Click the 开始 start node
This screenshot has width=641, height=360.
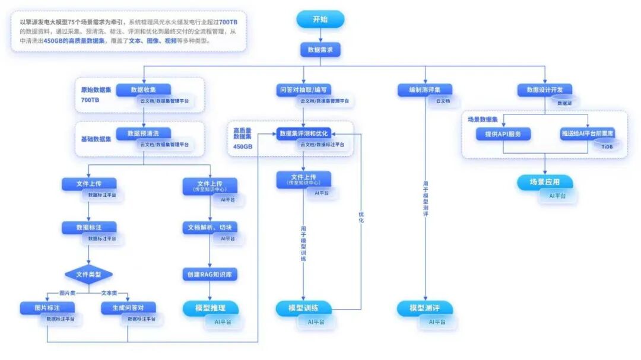(x=320, y=20)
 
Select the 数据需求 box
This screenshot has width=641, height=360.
(x=320, y=50)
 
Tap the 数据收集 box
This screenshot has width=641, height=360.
(x=143, y=90)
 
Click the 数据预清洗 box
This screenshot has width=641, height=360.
(x=143, y=133)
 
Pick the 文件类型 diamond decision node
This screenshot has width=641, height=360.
(x=88, y=275)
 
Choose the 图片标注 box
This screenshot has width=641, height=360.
(x=47, y=307)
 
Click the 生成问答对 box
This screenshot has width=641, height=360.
(x=128, y=307)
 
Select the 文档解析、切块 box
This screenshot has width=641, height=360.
(x=210, y=228)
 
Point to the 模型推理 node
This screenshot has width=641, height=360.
(x=210, y=308)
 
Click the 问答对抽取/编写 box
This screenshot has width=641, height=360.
(x=303, y=90)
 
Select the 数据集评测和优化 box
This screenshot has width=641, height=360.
(x=303, y=133)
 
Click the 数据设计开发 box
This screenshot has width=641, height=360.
(x=545, y=90)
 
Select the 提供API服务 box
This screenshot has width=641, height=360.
(x=503, y=133)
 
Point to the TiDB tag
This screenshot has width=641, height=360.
(x=607, y=146)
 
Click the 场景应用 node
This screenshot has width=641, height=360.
(x=545, y=182)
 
